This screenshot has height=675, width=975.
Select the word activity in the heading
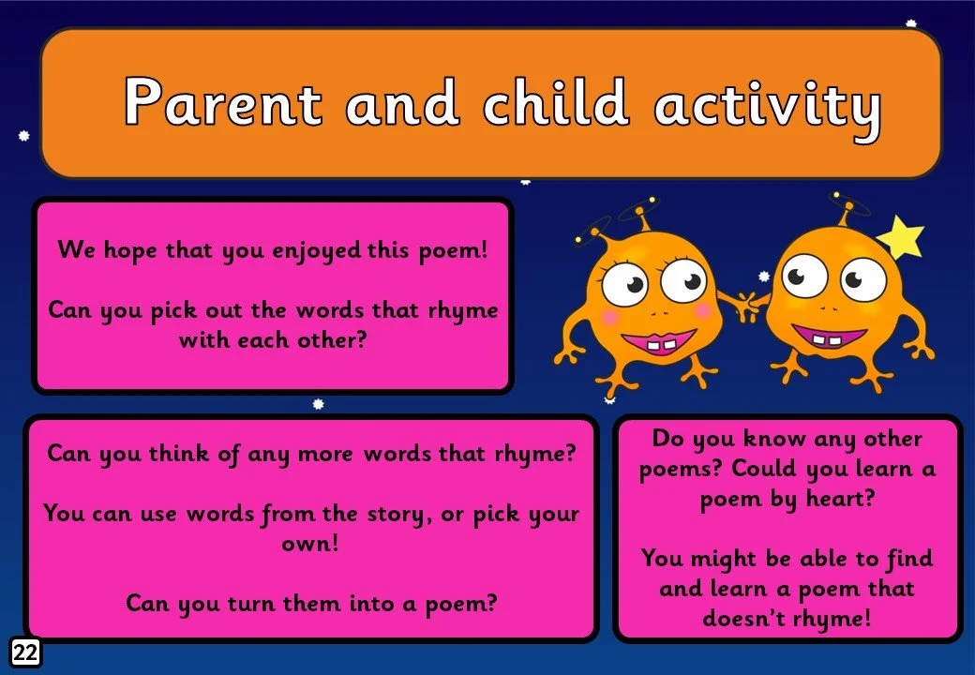pos(768,103)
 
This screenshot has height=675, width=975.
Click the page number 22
pos(25,653)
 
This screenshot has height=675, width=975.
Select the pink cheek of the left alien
pos(610,318)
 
